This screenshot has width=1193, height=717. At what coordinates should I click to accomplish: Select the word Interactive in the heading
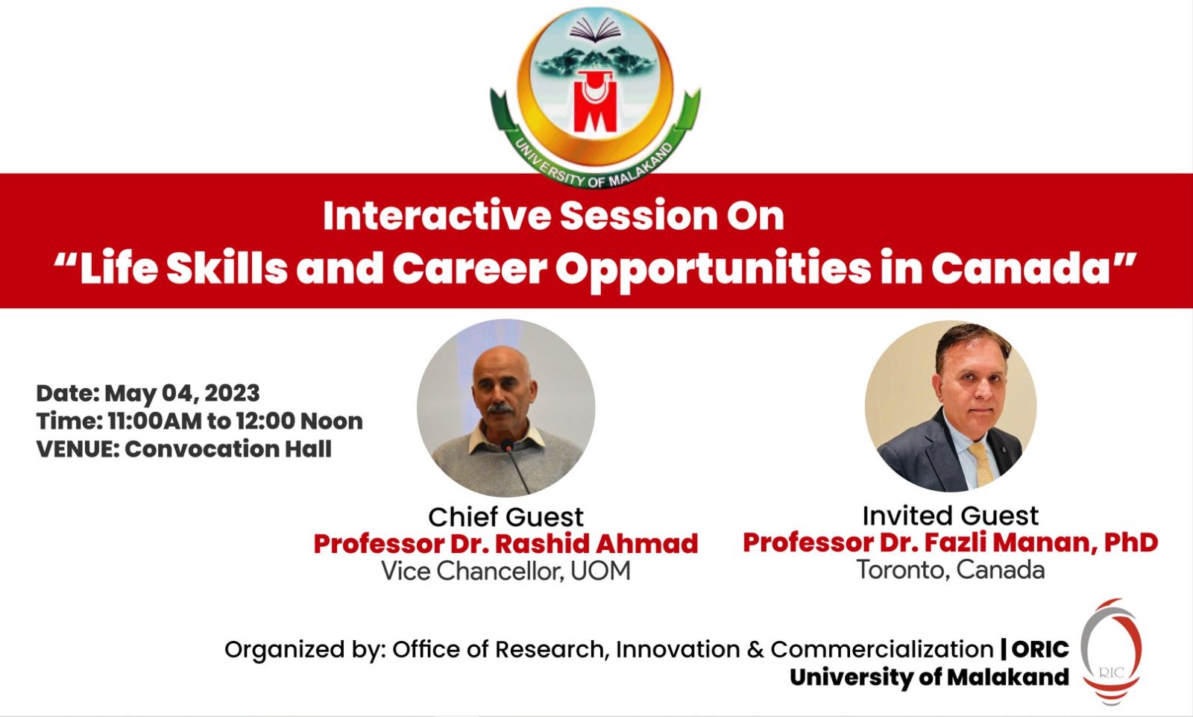pyautogui.click(x=436, y=216)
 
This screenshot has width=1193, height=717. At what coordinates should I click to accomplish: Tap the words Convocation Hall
pyautogui.click(x=228, y=449)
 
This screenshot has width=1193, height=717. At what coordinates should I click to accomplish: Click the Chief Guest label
pyautogui.click(x=506, y=516)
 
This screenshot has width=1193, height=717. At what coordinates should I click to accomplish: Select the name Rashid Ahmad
pyautogui.click(x=596, y=544)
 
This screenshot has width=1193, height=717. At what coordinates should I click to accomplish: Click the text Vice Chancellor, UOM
pyautogui.click(x=506, y=571)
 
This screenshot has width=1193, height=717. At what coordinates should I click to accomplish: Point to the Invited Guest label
pyautogui.click(x=950, y=516)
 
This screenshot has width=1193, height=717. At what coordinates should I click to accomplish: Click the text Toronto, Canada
pyautogui.click(x=950, y=570)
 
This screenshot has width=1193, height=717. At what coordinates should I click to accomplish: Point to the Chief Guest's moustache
pyautogui.click(x=500, y=408)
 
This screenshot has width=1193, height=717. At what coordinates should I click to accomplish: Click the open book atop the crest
pyautogui.click(x=594, y=30)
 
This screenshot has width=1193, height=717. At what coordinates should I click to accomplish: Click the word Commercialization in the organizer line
pyautogui.click(x=881, y=649)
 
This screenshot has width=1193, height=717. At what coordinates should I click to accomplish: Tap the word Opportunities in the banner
pyautogui.click(x=713, y=269)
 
